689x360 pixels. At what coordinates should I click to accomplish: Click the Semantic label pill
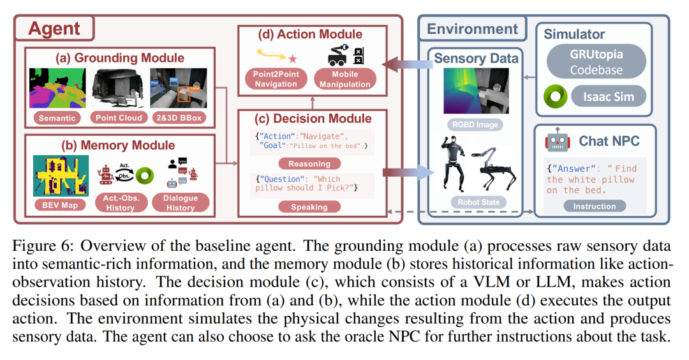58,117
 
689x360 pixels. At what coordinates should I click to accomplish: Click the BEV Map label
57,204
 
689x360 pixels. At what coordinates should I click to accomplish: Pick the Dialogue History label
181,203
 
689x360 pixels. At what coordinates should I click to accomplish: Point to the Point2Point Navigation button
276,79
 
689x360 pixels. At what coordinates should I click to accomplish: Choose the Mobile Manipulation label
345,79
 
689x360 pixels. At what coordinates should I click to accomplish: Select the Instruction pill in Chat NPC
594,206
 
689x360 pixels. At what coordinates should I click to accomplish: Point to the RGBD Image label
475,125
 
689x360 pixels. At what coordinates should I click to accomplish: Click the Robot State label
475,203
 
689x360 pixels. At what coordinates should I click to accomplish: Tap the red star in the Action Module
293,59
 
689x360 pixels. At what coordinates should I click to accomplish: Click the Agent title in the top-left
54,29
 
